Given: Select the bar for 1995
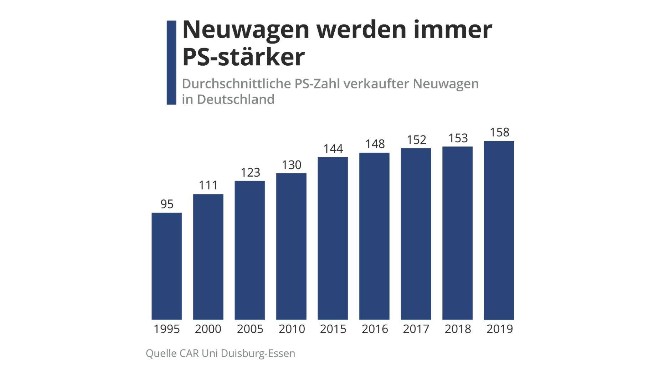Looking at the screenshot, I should [166, 266].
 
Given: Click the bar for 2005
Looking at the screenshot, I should [249, 250].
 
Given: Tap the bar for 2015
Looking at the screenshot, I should [333, 238].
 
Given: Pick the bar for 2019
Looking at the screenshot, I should [499, 230].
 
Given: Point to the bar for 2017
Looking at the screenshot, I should [416, 234].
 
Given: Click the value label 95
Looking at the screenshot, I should [167, 204].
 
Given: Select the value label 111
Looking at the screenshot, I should [208, 185].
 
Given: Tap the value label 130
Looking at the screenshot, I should [292, 165].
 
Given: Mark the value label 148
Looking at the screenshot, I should [375, 144].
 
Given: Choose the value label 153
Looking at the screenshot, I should [458, 138].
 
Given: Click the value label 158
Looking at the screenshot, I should [499, 132].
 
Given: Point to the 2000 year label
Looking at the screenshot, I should [208, 329].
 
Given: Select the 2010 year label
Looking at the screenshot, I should [292, 329].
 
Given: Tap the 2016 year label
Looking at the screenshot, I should [375, 329].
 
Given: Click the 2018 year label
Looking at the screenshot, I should [458, 329].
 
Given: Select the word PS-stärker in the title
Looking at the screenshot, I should [243, 57].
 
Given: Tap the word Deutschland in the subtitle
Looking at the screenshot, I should [236, 99].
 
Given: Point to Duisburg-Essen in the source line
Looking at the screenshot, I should [258, 353].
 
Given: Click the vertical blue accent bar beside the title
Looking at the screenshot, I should [171, 62].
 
